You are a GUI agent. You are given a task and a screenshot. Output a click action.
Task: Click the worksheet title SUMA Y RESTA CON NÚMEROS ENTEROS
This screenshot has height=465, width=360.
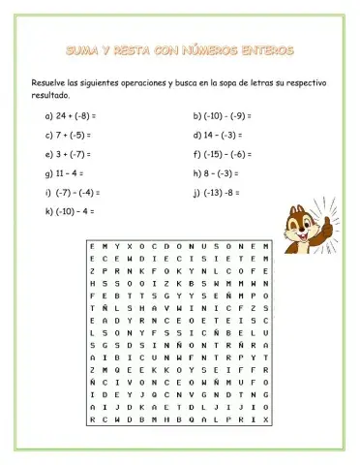pos(180,47)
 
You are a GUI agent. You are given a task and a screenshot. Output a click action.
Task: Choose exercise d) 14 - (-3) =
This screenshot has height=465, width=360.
pos(220,135)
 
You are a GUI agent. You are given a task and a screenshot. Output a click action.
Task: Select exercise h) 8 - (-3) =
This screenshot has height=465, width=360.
pos(217,173)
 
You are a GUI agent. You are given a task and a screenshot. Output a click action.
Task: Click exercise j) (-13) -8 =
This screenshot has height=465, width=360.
pos(218,193)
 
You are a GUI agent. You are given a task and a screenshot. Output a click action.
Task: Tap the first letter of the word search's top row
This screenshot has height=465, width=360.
pos(92,247)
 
